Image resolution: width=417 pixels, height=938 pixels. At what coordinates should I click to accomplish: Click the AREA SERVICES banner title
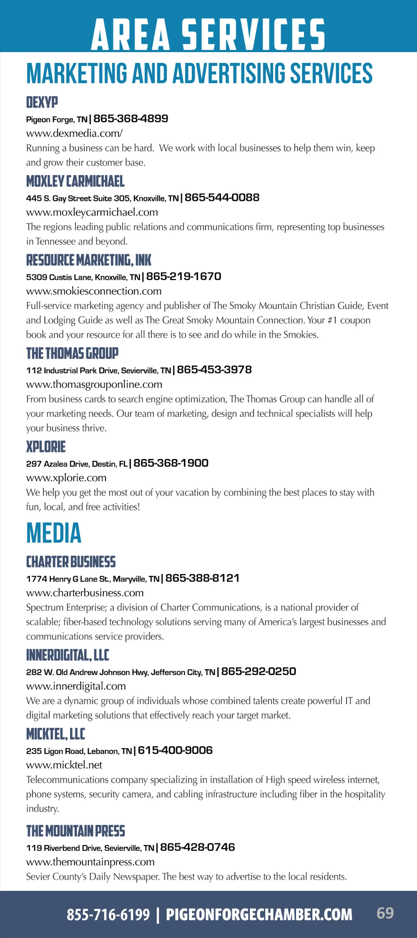[208, 34]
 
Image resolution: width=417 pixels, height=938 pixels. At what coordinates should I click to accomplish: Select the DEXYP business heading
[42, 102]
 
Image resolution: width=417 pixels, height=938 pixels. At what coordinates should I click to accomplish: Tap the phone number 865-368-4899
[131, 118]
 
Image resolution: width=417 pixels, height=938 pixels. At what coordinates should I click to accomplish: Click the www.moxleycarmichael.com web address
[92, 212]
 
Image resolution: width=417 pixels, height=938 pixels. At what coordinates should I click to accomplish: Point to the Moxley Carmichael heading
[75, 181]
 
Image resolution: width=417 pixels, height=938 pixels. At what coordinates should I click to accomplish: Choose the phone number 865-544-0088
[222, 197]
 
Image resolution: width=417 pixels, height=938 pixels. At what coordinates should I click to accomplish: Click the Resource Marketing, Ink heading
[89, 260]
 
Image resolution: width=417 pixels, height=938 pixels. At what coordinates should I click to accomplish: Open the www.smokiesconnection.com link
[94, 291]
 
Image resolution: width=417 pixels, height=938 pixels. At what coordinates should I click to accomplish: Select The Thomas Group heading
[72, 353]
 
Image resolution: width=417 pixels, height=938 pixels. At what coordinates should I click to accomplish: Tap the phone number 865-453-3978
[214, 370]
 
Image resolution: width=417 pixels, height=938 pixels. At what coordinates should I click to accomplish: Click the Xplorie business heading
[46, 447]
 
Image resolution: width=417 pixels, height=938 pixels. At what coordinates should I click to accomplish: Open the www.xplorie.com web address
[66, 478]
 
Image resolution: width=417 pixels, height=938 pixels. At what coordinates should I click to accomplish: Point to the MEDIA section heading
[54, 533]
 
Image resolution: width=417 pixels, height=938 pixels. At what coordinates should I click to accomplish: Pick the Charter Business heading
[71, 562]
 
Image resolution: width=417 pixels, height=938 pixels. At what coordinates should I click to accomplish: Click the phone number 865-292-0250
[259, 671]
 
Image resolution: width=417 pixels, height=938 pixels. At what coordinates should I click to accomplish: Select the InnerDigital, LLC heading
[68, 656]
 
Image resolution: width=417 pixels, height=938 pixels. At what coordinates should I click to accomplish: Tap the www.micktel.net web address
[64, 765]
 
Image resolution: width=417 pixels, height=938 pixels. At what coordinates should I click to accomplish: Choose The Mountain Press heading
[75, 831]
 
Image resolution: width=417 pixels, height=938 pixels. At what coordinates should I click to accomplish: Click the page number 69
[385, 913]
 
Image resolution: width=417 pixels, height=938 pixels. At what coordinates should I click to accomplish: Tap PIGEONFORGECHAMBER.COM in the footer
[259, 915]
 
